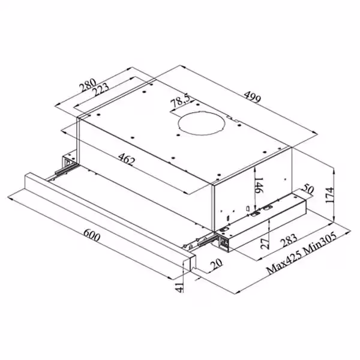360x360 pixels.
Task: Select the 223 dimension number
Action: [x=100, y=90]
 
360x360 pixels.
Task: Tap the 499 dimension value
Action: [x=253, y=97]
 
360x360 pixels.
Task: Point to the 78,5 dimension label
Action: [x=181, y=101]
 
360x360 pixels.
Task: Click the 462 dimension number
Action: [x=127, y=159]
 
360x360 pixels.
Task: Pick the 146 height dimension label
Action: [x=259, y=185]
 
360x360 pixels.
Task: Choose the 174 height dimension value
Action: [x=329, y=195]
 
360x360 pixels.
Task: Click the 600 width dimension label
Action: [x=92, y=235]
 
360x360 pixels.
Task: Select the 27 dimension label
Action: [x=265, y=244]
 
